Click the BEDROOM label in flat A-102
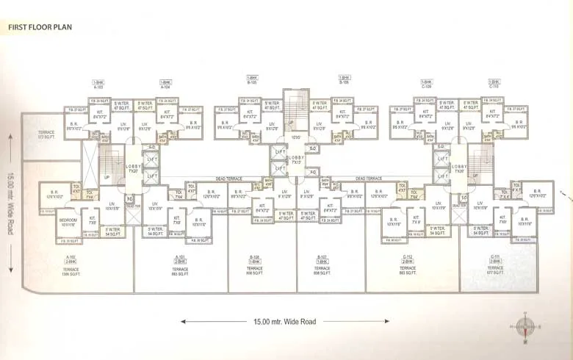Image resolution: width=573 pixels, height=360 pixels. (68, 218)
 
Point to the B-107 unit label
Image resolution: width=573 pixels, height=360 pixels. (320, 257)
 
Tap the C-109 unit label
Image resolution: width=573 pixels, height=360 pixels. (426, 84)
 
